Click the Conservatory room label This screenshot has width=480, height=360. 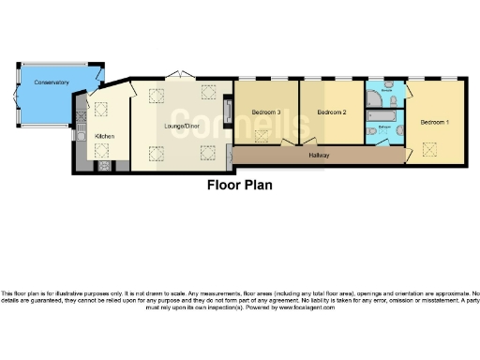tap(52, 83)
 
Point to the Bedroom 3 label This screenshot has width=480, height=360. tap(266, 112)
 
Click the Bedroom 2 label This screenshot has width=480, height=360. tap(332, 112)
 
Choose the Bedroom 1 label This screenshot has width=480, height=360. tap(434, 122)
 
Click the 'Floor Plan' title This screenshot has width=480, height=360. tap(239, 185)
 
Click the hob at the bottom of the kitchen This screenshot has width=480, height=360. tap(103, 167)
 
